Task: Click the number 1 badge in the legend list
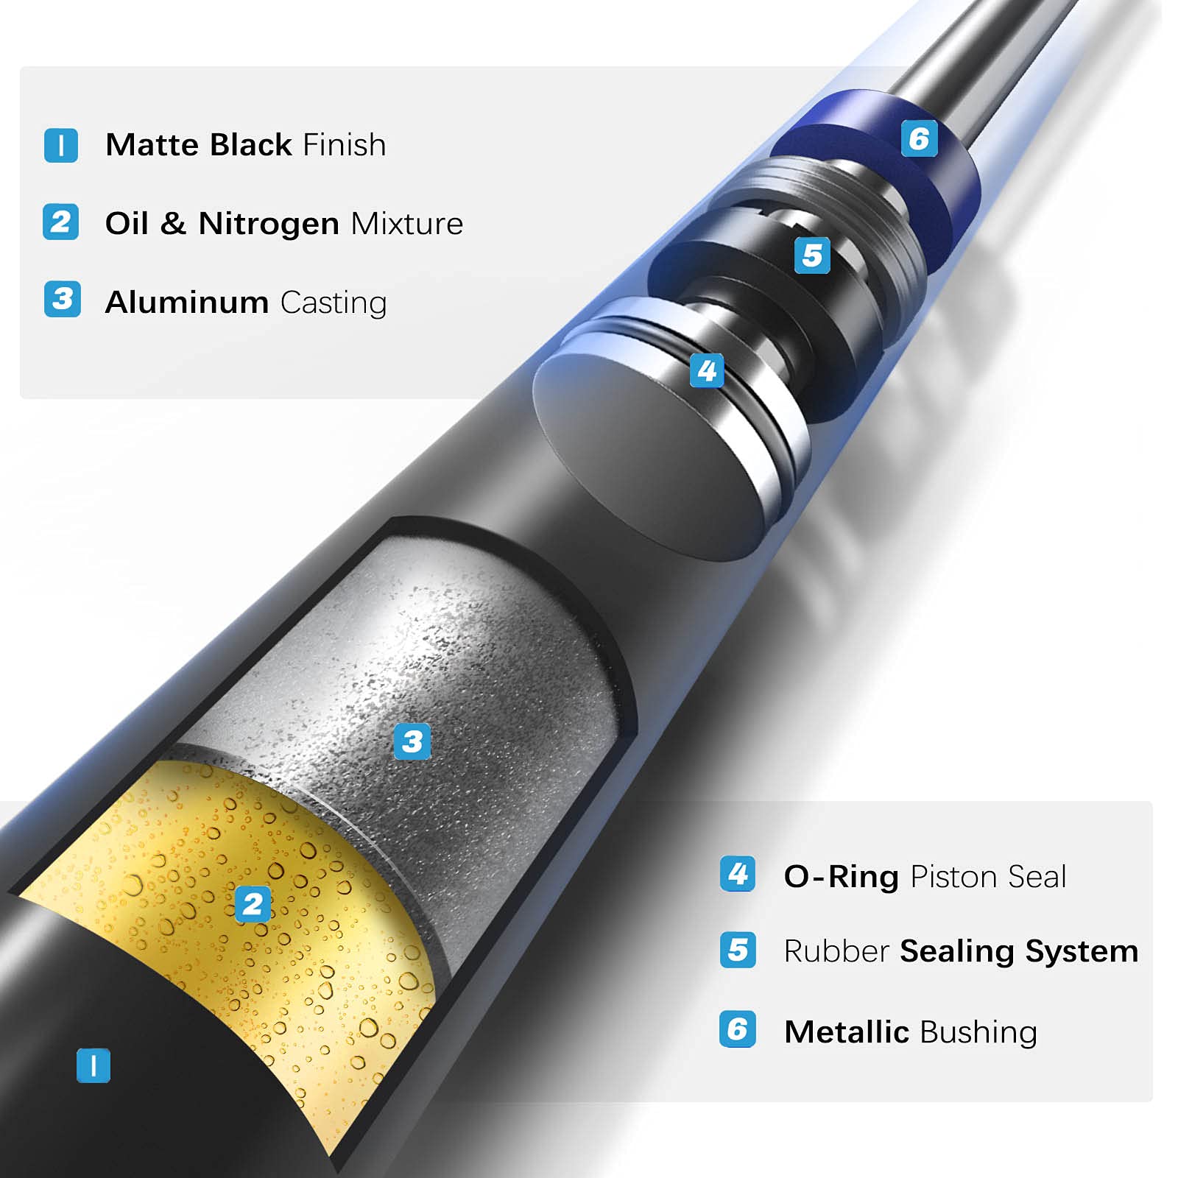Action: [61, 145]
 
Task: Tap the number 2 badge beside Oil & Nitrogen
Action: [61, 222]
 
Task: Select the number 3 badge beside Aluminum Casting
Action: [63, 299]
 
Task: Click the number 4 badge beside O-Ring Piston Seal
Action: [738, 874]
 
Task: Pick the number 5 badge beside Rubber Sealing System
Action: [738, 950]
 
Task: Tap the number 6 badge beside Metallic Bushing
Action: [738, 1029]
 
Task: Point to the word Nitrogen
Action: [269, 224]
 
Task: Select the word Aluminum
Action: [187, 303]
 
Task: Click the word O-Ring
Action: [841, 877]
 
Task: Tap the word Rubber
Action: [836, 951]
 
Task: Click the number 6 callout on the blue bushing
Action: [920, 138]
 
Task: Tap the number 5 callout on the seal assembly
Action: [812, 255]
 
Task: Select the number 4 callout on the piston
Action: [707, 370]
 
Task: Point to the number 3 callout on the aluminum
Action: [412, 741]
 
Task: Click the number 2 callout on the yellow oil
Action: [253, 904]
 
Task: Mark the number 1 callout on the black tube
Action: [94, 1065]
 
